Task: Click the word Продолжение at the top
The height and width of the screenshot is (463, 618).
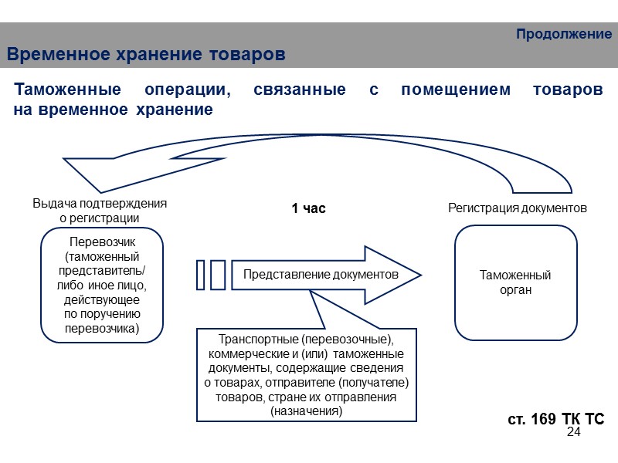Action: (x=563, y=35)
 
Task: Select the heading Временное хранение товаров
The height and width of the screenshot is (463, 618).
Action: (x=146, y=56)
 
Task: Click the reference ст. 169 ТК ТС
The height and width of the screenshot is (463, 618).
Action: (x=555, y=418)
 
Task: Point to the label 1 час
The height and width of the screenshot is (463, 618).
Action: (x=308, y=208)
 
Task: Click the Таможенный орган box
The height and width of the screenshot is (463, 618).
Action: (x=515, y=282)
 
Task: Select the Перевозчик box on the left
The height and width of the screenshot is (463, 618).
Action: (x=102, y=284)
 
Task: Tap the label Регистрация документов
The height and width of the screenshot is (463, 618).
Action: (x=518, y=208)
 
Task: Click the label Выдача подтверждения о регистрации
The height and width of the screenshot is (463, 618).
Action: (x=100, y=211)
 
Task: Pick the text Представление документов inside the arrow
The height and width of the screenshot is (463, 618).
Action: (x=321, y=274)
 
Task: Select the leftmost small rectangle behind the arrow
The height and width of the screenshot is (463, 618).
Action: (x=201, y=275)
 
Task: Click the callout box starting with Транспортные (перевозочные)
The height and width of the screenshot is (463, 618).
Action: (x=306, y=375)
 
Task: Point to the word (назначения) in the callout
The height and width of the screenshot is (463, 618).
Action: (x=306, y=411)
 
